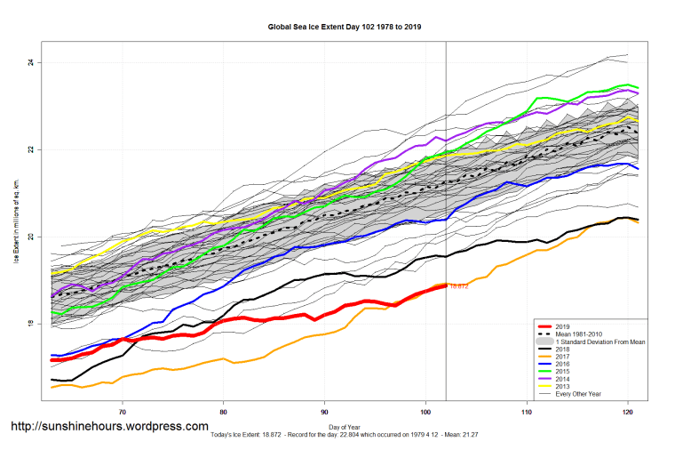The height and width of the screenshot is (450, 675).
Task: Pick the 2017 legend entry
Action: pyautogui.click(x=565, y=357)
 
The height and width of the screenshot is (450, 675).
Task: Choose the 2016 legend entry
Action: pyautogui.click(x=565, y=365)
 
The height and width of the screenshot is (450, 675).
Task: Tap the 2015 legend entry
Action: pyautogui.click(x=565, y=373)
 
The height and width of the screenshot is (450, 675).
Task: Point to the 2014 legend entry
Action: pyautogui.click(x=565, y=381)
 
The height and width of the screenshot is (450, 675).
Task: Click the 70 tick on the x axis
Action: pyautogui.click(x=123, y=411)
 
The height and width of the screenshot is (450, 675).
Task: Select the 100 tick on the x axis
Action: pyautogui.click(x=425, y=411)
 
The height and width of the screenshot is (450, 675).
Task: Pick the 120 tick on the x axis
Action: pyautogui.click(x=628, y=411)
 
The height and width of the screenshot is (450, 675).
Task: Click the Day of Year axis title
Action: pyautogui.click(x=345, y=428)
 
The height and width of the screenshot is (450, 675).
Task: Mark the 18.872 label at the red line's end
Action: pyautogui.click(x=459, y=285)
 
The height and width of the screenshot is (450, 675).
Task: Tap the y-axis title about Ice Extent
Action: pyautogui.click(x=15, y=231)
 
